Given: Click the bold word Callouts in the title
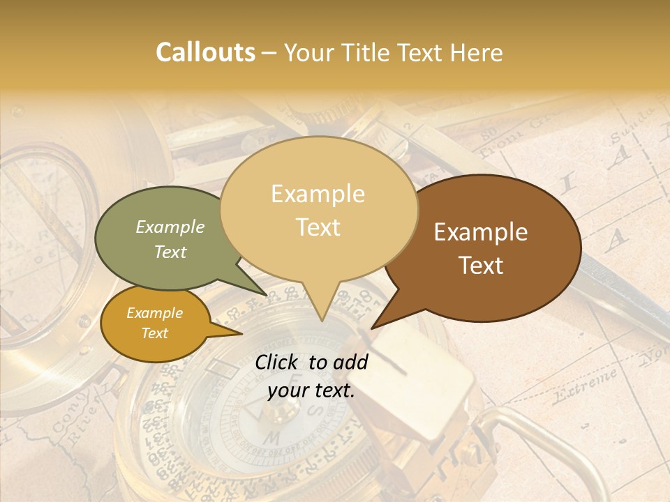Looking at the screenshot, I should (x=206, y=52).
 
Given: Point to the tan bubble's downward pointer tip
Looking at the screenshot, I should (x=322, y=321).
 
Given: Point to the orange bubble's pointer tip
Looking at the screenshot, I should (x=241, y=334).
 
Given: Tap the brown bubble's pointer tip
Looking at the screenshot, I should (x=371, y=328).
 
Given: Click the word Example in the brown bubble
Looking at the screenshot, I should (x=481, y=232).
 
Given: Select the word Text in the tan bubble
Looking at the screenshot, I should (x=318, y=227).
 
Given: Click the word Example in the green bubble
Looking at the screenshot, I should (x=170, y=227).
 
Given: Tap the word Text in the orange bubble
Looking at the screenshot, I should (x=155, y=333).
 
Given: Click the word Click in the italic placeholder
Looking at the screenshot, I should (x=278, y=362).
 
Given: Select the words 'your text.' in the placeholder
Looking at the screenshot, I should (x=311, y=391).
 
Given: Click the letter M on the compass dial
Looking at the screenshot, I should (x=274, y=438).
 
